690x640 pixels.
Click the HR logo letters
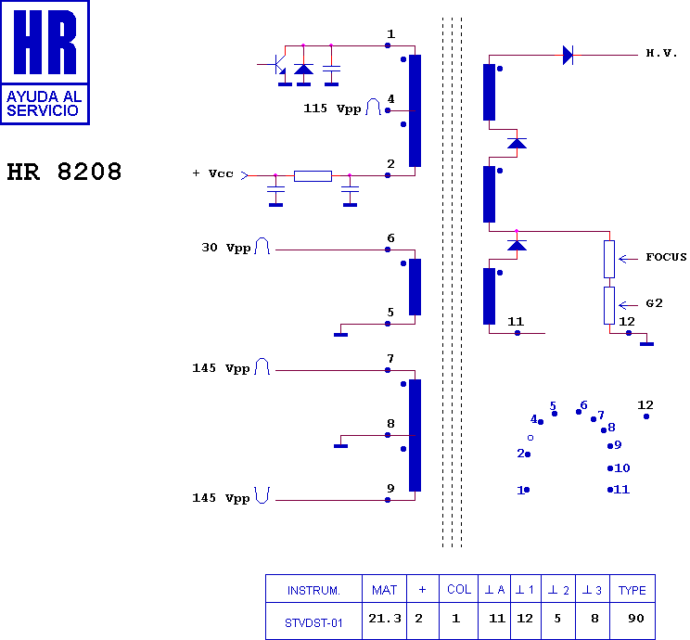pyautogui.click(x=45, y=43)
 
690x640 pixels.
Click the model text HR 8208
pyautogui.click(x=64, y=172)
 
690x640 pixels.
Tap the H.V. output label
pyautogui.click(x=661, y=53)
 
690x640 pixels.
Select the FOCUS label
pyautogui.click(x=666, y=257)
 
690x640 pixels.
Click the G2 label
pyautogui.click(x=654, y=303)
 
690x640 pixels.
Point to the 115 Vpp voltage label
pyautogui.click(x=332, y=109)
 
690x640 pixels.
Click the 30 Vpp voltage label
pyautogui.click(x=226, y=248)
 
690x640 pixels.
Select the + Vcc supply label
pyautogui.click(x=212, y=173)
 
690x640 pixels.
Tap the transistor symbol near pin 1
pyautogui.click(x=276, y=65)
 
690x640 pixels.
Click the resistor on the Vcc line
pyautogui.click(x=313, y=176)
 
